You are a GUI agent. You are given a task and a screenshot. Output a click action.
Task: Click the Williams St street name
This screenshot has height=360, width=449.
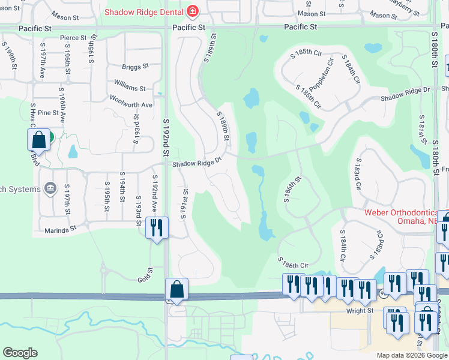tap(130, 88)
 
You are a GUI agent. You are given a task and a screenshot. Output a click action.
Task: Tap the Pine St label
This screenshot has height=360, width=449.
tap(47, 112)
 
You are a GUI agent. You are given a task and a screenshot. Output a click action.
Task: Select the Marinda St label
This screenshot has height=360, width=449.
tap(61, 229)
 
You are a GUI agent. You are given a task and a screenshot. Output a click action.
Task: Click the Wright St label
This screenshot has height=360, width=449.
tap(360, 311)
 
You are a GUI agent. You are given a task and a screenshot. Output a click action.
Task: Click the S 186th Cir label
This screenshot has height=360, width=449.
tap(293, 262)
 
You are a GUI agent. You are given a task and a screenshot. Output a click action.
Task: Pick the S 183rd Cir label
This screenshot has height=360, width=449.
tap(358, 175)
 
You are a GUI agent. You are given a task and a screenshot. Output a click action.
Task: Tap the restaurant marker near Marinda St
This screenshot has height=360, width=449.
tap(156, 228)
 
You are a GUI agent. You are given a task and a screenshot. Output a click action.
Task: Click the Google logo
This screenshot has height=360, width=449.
tap(20, 353)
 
